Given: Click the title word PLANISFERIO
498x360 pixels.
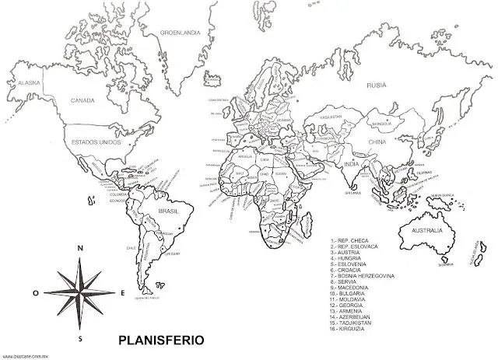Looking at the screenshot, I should [160, 340].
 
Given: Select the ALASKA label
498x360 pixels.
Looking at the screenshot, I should [29, 82].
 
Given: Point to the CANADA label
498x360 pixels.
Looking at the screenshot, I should [83, 100].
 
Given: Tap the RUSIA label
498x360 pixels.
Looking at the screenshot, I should [377, 85].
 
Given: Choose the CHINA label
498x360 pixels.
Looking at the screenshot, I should [377, 143].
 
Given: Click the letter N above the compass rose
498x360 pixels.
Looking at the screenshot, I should [79, 248].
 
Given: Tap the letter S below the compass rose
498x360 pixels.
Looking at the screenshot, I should [79, 339].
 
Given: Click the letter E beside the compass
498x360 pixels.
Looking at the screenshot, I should [123, 293].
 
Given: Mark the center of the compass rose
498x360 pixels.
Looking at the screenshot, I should [79, 293].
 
